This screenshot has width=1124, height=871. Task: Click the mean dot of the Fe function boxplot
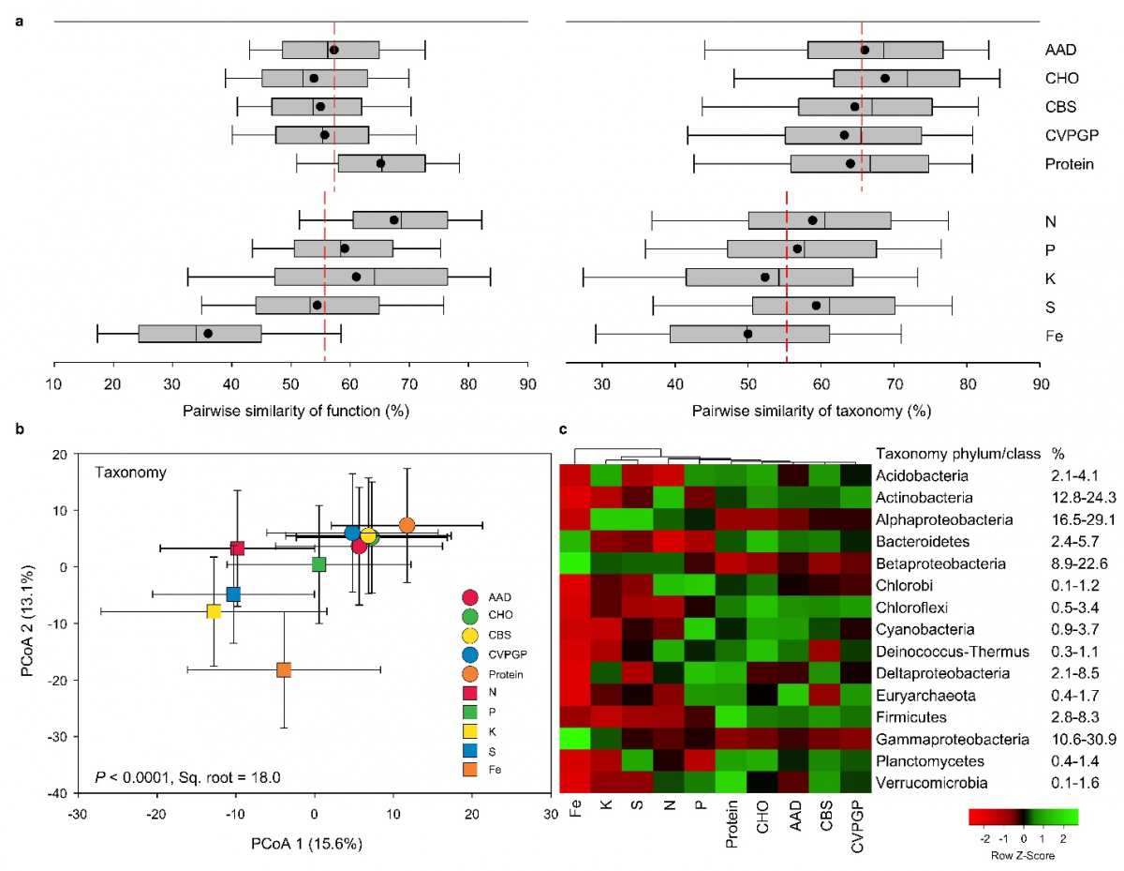point(208,333)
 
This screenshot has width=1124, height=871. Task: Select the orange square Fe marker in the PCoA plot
point(284,669)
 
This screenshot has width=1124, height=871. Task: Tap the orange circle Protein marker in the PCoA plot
point(407,525)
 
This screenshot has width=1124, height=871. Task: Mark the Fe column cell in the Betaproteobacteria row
point(575,563)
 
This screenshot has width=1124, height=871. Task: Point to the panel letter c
point(562,430)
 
